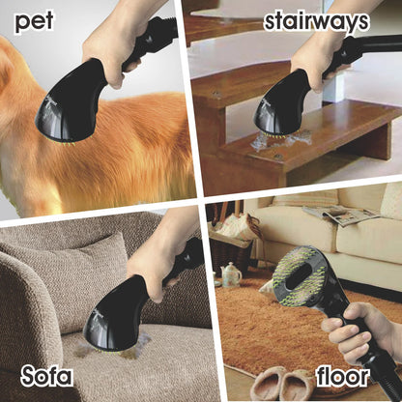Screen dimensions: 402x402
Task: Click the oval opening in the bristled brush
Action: click(x=300, y=267)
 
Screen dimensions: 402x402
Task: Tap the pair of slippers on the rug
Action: click(x=276, y=383)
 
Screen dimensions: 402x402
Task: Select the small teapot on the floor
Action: click(x=232, y=275)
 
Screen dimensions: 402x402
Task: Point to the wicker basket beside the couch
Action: click(x=228, y=247)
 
